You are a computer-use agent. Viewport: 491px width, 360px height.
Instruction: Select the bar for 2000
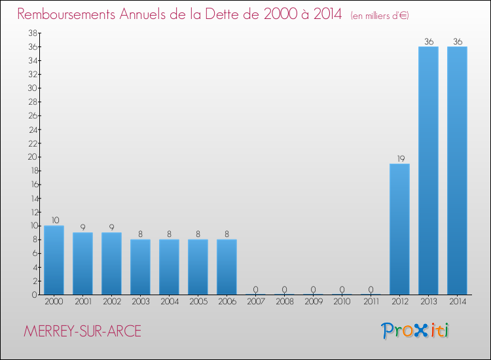tap(54, 260)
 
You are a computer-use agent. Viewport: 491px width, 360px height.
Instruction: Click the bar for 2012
tap(399, 229)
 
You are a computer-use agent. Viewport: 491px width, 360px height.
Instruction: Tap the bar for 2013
tap(428, 170)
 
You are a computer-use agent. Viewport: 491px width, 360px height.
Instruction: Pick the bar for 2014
tap(457, 170)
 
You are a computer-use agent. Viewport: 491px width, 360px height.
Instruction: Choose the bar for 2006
tap(227, 267)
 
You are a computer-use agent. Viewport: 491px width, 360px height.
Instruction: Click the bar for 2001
tap(82, 263)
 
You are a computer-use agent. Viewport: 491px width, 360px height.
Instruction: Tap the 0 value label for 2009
tap(313, 289)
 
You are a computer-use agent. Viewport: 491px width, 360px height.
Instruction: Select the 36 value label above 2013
tap(428, 42)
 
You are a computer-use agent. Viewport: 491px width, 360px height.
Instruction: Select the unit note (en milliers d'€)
tap(380, 16)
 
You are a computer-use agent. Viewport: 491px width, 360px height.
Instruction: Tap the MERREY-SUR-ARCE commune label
tap(82, 331)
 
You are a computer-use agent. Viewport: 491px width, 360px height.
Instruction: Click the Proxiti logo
tap(416, 331)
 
